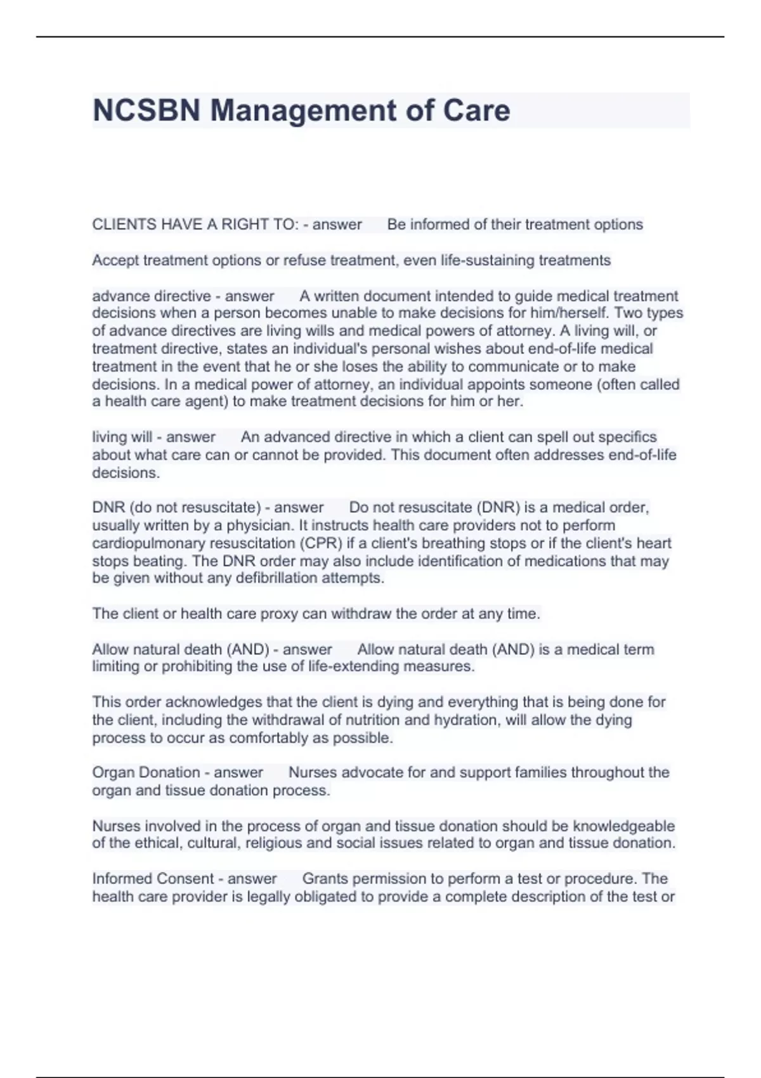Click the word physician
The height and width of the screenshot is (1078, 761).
tap(260, 525)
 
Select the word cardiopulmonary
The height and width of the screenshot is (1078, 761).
tap(148, 543)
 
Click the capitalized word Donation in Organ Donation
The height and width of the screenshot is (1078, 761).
tap(171, 772)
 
